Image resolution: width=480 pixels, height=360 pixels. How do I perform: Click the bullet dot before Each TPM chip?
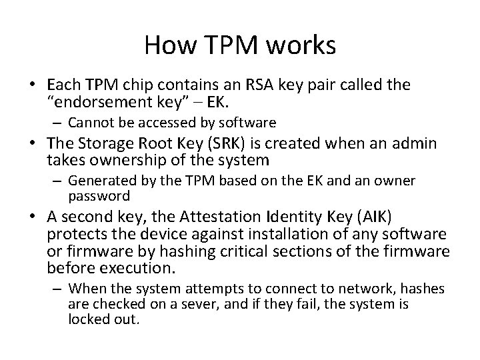[x=32, y=85]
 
